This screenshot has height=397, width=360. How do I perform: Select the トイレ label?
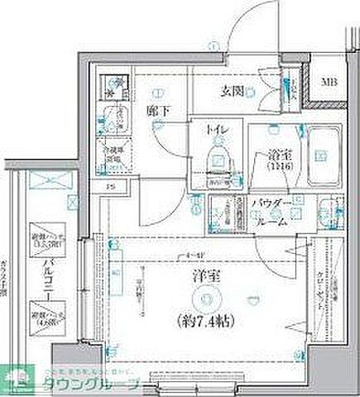218,131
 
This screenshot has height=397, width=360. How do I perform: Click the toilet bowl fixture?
218,158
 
